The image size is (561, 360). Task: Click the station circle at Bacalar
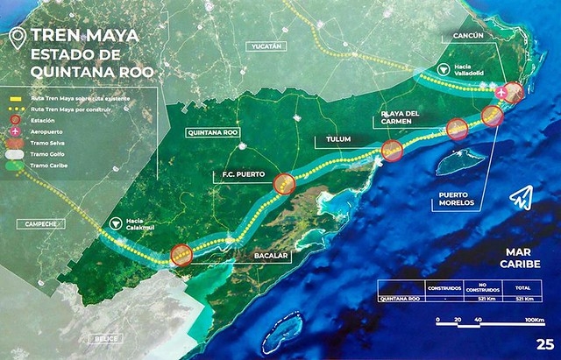[181, 254]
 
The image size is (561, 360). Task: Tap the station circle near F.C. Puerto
[283, 184]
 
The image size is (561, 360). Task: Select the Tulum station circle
[391, 152]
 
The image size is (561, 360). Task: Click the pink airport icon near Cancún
[501, 92]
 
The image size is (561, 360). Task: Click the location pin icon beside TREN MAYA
[16, 39]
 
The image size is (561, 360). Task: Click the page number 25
[544, 343]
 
